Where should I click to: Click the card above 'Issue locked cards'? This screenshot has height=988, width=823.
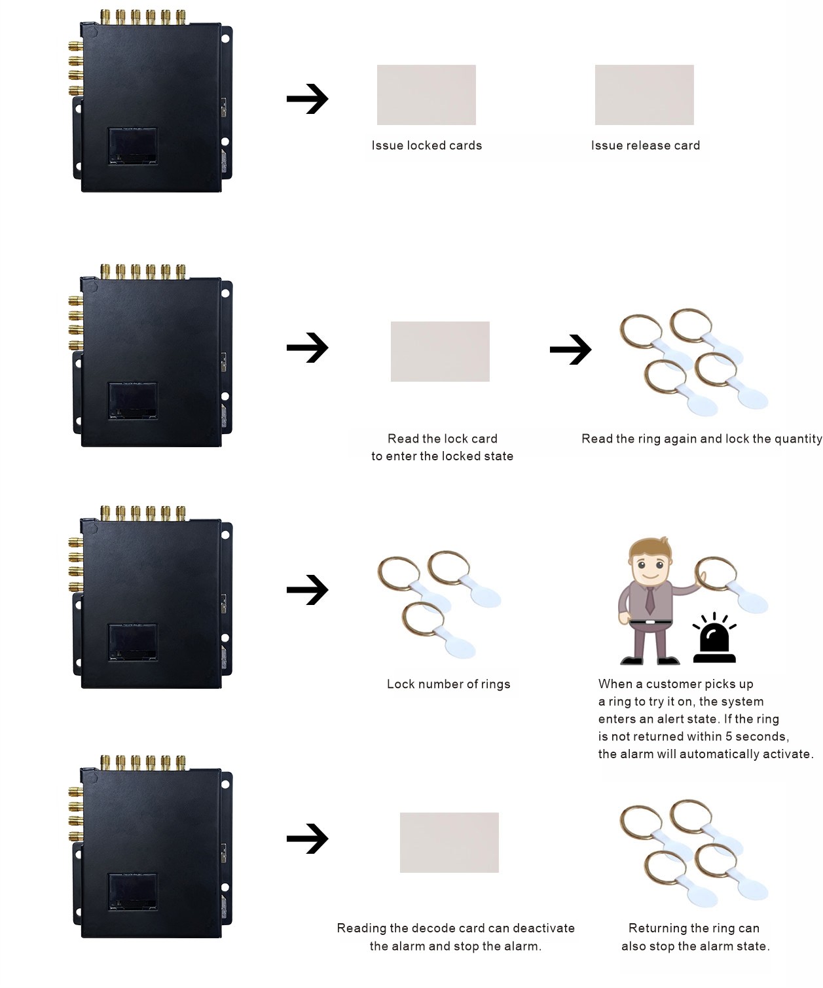pos(426,95)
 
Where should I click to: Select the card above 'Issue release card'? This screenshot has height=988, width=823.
pos(644,95)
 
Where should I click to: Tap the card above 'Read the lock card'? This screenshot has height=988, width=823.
pos(440,352)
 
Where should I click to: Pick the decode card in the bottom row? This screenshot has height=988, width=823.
pos(449,843)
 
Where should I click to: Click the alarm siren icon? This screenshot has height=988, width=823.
pos(714,640)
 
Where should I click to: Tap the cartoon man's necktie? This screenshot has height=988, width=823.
pos(649,599)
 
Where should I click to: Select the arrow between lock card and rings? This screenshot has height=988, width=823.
pos(570,350)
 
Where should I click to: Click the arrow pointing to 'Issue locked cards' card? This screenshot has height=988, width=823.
pos(307,99)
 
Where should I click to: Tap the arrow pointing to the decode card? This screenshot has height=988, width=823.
pos(307,839)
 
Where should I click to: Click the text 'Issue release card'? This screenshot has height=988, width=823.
pos(646,145)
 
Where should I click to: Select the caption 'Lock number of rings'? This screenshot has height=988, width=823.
pos(448,684)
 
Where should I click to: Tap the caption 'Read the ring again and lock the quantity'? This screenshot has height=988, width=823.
pos(701,439)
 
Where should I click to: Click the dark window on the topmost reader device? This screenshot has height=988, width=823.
pos(132,145)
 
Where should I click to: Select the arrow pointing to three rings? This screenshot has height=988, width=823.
pos(307,590)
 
